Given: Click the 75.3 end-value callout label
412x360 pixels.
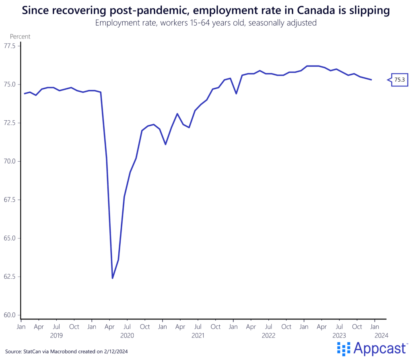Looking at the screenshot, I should tap(400, 80).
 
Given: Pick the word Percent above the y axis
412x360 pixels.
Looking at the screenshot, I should tap(20, 37).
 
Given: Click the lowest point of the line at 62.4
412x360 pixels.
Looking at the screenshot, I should tap(113, 278).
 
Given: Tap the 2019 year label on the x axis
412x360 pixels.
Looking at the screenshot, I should tap(57, 335).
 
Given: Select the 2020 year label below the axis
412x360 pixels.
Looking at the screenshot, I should tap(127, 335).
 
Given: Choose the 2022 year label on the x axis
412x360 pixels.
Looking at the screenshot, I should tap(268, 335).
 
